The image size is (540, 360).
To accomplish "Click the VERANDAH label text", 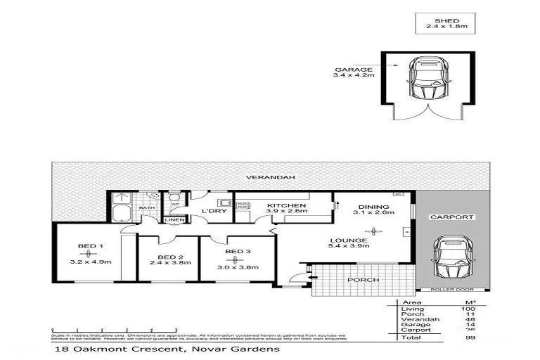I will point(259,177).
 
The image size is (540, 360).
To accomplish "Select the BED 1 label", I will point(87,246).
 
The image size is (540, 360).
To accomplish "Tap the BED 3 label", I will point(238,252).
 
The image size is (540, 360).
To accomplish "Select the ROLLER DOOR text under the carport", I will point(448,289).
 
